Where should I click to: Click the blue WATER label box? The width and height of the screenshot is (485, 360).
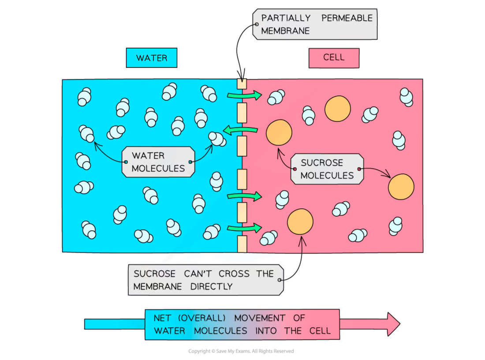coord(151,58)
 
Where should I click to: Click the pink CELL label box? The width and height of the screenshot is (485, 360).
coord(334,58)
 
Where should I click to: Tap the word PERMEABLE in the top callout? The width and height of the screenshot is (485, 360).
coord(347,18)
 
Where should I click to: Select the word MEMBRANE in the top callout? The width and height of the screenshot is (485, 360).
coord(285,31)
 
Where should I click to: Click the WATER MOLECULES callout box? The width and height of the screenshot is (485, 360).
coord(158,162)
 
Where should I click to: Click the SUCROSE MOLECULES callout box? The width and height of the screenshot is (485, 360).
coord(327,169)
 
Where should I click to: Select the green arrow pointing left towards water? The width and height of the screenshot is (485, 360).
coord(241,130)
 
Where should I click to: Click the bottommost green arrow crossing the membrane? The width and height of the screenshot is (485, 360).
coord(244,228)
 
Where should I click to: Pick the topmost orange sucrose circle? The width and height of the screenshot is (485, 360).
coord(338,108)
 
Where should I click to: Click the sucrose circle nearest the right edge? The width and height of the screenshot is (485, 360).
coord(401,187)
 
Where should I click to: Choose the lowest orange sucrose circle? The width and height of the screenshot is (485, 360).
coord(300,222)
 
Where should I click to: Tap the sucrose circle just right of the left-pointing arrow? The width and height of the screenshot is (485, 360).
coord(279,132)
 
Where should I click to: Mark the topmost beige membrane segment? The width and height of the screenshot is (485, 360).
coord(242,84)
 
